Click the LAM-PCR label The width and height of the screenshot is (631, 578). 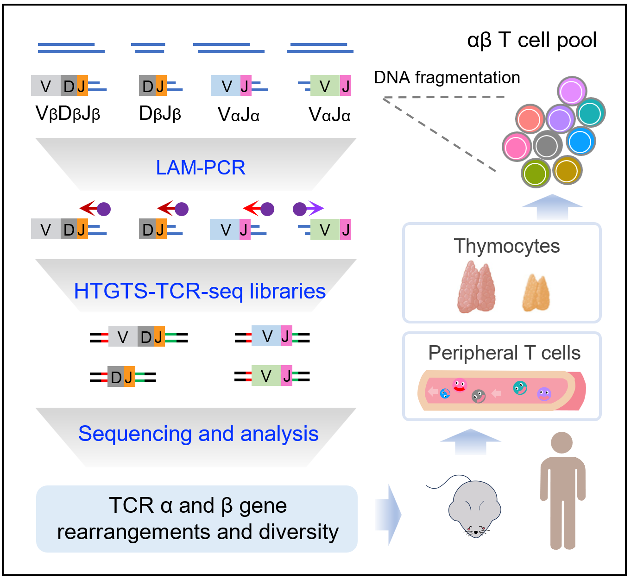click(200, 168)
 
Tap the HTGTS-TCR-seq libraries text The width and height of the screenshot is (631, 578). click(200, 291)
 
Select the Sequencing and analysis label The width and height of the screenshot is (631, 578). click(198, 434)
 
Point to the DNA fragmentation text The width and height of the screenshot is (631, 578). click(447, 78)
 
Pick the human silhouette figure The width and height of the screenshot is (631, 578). click(562, 491)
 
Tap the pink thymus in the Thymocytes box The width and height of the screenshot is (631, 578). click(476, 287)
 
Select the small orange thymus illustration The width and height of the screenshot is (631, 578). click(536, 293)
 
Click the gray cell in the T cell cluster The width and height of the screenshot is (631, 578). click(548, 145)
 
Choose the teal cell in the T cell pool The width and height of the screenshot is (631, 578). click(590, 112)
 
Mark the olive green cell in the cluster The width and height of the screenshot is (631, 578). click(536, 173)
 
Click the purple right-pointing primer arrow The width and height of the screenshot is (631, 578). click(309, 209)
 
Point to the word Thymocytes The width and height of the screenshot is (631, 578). click(506, 246)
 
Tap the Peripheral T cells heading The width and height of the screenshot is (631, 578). click(504, 353)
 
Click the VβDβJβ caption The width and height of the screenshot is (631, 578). click(68, 113)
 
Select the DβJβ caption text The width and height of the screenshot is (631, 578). click(160, 113)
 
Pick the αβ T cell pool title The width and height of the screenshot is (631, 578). click(532, 40)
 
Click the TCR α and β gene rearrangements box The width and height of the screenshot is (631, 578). click(197, 519)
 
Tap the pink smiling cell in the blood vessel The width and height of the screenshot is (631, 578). click(459, 385)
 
